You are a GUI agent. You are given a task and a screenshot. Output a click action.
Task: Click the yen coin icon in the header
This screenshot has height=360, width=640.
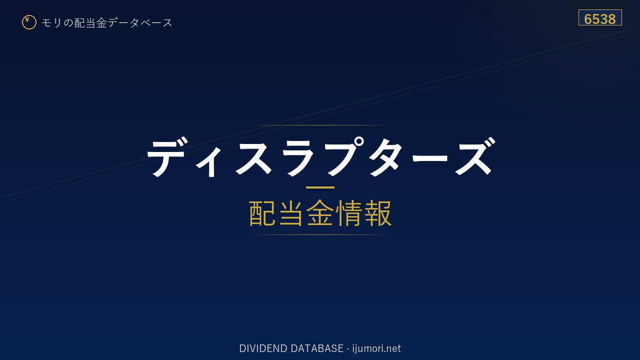[x=29, y=22]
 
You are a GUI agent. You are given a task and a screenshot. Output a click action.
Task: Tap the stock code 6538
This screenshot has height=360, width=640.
[x=599, y=19]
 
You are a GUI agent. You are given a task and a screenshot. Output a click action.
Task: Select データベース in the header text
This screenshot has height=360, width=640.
[x=140, y=23]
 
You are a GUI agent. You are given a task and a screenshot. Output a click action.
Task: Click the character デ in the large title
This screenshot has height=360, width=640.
[x=167, y=156]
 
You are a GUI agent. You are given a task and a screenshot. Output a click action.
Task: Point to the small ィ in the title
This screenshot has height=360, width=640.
[x=210, y=162]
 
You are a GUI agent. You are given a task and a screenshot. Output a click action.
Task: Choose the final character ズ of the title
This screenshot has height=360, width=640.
[x=475, y=156]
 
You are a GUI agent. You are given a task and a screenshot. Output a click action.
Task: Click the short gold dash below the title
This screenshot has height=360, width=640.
[x=320, y=187]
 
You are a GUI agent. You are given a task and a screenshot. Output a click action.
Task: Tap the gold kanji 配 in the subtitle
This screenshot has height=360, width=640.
[x=262, y=213]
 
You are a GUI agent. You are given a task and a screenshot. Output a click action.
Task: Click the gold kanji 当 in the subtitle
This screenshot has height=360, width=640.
[x=291, y=213]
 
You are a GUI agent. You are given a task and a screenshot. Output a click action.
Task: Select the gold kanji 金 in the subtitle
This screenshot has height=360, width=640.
[x=320, y=213]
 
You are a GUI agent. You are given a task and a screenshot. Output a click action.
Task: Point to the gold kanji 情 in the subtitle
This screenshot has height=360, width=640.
[x=348, y=213]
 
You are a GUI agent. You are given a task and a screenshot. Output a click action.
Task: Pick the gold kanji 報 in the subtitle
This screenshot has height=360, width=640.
[x=377, y=213]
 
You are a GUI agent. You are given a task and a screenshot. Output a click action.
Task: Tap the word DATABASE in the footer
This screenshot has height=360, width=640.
[x=317, y=348]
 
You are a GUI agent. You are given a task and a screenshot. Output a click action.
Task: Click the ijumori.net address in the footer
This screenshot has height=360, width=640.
[x=376, y=348]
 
